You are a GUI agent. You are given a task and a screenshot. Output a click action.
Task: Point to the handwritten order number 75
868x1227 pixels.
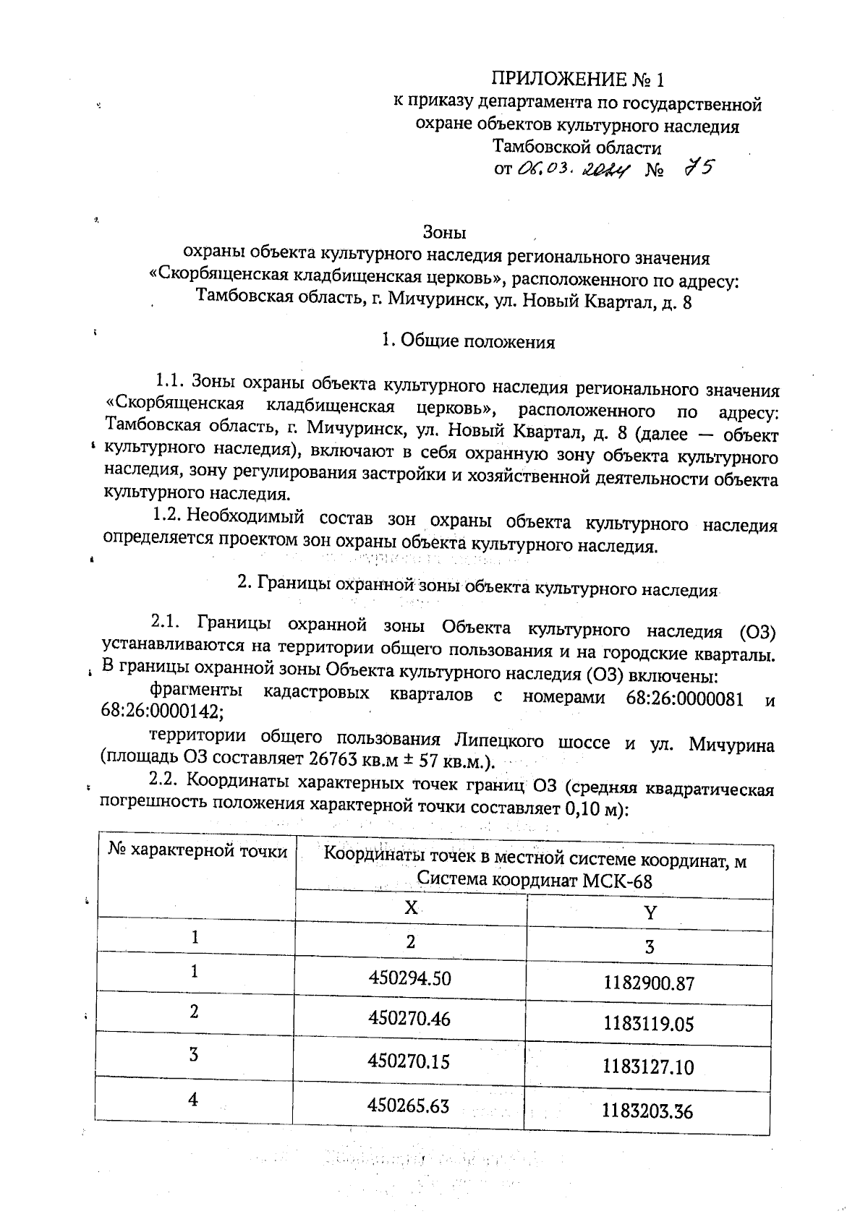click(699, 169)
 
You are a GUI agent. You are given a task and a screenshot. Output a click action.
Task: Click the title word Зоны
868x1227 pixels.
click(444, 233)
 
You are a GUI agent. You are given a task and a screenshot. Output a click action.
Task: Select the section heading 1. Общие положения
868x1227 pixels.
click(468, 342)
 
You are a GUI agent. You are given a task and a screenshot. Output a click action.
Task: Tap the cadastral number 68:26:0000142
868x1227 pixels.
click(162, 712)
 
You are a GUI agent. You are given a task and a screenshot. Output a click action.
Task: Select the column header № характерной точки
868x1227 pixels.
click(197, 852)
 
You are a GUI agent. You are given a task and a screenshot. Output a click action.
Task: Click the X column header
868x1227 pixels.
click(410, 908)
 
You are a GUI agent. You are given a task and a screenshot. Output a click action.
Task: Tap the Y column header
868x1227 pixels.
click(650, 912)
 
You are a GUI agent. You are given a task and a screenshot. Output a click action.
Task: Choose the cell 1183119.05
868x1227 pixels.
click(647, 1024)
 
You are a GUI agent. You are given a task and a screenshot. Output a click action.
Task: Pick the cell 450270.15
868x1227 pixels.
click(409, 1061)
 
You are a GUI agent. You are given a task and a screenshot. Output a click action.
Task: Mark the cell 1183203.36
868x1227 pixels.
click(647, 1110)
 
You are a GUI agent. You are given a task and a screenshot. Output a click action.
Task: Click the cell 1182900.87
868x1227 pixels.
click(647, 983)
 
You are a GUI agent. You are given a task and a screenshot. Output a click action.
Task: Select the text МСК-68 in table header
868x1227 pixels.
click(619, 881)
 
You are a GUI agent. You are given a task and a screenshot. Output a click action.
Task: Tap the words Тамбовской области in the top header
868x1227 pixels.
click(576, 148)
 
